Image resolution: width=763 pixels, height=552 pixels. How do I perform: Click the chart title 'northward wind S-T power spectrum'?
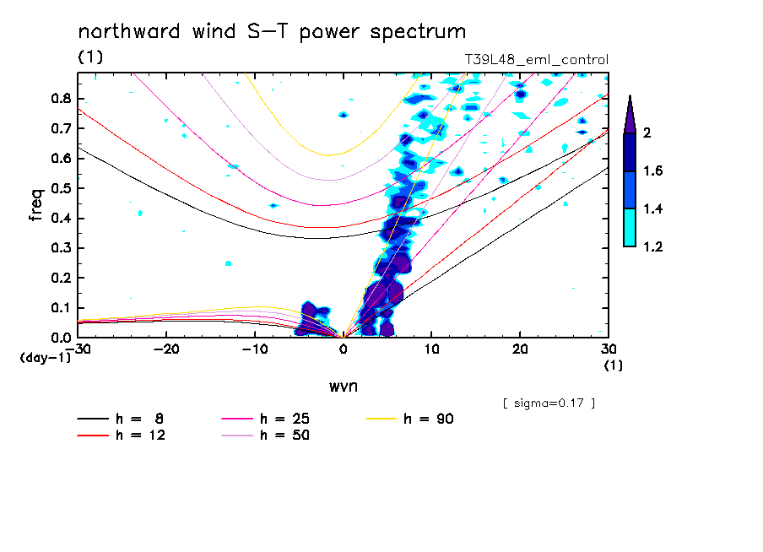(272, 32)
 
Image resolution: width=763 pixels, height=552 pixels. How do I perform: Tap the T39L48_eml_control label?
(536, 60)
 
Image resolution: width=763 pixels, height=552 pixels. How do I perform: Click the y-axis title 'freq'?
(35, 205)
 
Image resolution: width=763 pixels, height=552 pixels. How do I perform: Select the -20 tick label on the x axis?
(166, 349)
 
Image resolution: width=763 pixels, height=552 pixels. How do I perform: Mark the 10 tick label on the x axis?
(432, 349)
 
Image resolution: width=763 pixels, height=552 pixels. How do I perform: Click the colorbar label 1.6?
(653, 171)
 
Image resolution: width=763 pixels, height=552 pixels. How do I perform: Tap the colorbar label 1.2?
(653, 246)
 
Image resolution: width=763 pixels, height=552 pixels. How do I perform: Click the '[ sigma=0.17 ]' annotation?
(549, 403)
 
